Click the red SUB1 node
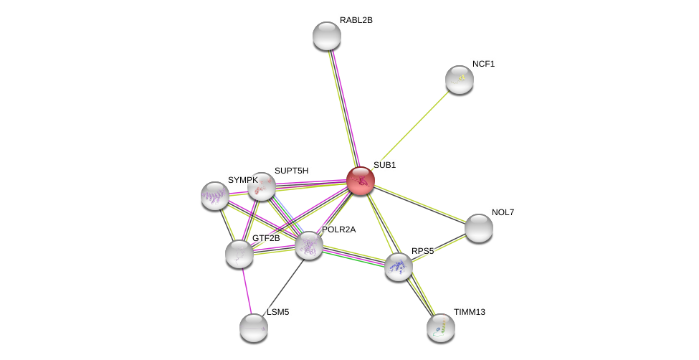point(361,181)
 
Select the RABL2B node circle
point(327,36)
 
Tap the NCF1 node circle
point(460,80)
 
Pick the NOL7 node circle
point(479,228)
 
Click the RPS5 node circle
point(399,267)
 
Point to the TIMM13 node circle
point(441,328)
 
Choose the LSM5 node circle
point(254,328)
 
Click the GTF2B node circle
point(239,254)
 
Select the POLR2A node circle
point(309,245)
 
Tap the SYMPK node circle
point(215,196)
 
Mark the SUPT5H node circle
point(262,186)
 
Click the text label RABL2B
point(356,20)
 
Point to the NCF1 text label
point(483,64)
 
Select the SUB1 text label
point(384,165)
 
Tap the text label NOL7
point(503,212)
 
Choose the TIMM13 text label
point(469,312)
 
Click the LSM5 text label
point(278,312)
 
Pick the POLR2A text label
point(338,229)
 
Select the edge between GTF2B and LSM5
point(247,290)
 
